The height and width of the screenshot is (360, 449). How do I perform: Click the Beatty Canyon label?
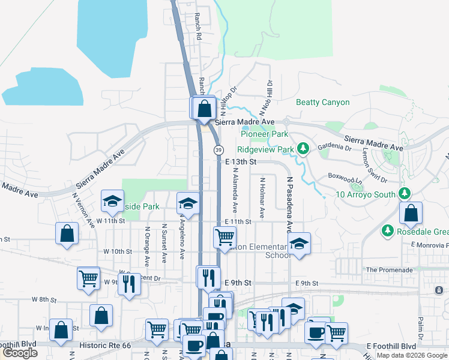point(322,102)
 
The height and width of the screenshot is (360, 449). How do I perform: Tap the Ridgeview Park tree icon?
point(304,148)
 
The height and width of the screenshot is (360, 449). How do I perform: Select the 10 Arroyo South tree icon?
point(405,193)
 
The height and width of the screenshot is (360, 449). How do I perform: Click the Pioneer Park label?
point(262,134)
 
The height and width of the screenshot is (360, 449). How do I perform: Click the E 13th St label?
point(241,162)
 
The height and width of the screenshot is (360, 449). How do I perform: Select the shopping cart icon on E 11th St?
point(224,236)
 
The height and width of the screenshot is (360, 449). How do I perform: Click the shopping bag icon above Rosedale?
point(411,213)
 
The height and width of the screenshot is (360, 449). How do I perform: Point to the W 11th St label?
point(110,221)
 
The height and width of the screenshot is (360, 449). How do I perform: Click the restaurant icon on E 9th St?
point(208,277)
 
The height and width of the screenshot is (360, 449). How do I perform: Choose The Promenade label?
point(390,270)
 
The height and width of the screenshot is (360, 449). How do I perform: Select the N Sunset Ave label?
point(164,243)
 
